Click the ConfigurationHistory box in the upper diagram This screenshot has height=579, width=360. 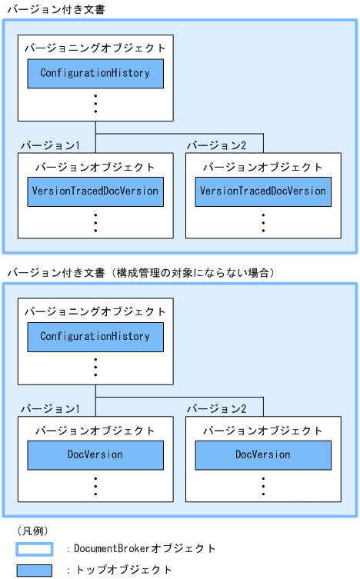click(x=95, y=73)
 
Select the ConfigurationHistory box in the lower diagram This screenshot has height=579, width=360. click(x=95, y=337)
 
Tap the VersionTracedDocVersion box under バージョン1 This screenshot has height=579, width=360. click(x=95, y=191)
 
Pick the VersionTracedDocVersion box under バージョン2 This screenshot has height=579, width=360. click(x=263, y=191)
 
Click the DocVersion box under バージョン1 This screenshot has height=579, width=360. click(x=95, y=455)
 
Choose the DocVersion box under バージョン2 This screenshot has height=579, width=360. click(x=263, y=455)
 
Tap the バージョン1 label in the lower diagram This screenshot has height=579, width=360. click(x=48, y=409)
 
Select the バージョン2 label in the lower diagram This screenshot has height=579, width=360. click(x=215, y=409)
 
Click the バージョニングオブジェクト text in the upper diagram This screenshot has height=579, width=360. click(x=95, y=48)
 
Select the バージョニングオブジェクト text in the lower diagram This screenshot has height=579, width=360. click(x=95, y=311)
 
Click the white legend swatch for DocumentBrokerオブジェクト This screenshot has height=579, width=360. click(x=34, y=549)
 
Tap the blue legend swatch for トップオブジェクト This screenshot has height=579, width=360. click(x=34, y=570)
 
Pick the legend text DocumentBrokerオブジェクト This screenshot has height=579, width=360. click(x=145, y=549)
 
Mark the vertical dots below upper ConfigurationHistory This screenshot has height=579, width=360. click(x=95, y=102)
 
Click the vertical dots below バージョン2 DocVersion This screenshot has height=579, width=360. click(x=263, y=486)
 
